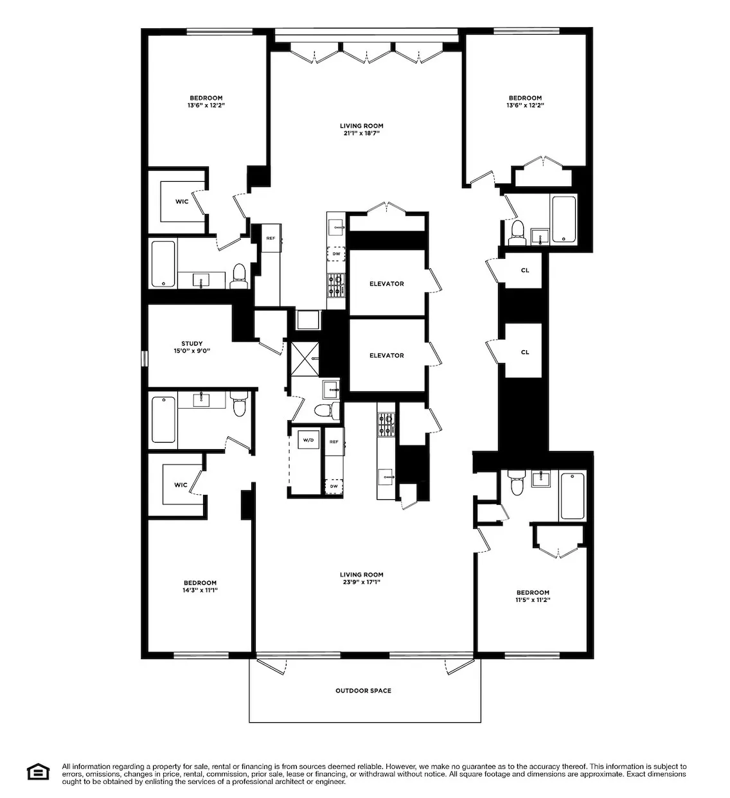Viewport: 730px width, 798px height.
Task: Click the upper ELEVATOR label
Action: click(x=386, y=283)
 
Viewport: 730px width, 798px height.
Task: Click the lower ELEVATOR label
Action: click(x=386, y=355)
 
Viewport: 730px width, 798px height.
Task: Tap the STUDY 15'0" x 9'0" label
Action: click(x=192, y=348)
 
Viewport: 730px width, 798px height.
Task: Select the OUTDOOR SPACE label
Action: click(x=363, y=691)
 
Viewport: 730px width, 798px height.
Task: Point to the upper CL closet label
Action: click(x=525, y=270)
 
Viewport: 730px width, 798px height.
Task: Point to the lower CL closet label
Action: click(x=525, y=352)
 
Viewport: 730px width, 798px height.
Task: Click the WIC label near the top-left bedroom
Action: click(x=182, y=202)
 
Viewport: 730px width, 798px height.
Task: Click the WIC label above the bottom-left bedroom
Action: click(x=181, y=484)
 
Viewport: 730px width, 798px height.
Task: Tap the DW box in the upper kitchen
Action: click(x=336, y=254)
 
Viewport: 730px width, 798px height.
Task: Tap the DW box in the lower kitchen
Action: click(x=334, y=486)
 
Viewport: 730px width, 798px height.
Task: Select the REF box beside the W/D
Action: click(x=334, y=441)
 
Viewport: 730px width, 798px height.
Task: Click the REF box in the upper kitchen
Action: click(x=271, y=238)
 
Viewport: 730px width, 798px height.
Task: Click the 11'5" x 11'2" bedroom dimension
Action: click(x=533, y=600)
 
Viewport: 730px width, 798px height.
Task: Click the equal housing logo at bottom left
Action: click(x=38, y=772)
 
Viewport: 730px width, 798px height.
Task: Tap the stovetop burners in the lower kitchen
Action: click(x=385, y=423)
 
